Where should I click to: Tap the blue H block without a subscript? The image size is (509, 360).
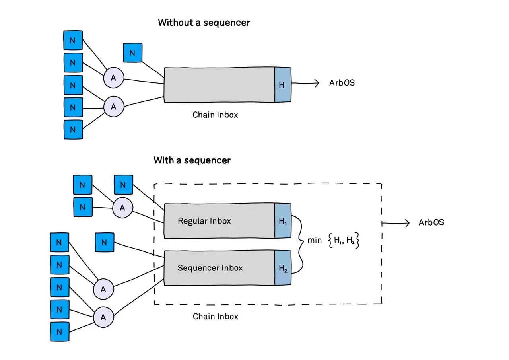(x=282, y=84)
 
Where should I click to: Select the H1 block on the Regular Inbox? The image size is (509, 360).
(x=283, y=221)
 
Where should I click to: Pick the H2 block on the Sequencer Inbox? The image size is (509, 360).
(x=283, y=268)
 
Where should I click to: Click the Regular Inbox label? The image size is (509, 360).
(x=204, y=221)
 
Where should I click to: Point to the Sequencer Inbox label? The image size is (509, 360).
(x=210, y=268)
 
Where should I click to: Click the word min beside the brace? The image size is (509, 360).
(x=315, y=240)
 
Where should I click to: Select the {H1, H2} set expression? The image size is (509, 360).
(x=344, y=240)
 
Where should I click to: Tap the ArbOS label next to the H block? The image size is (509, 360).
(x=342, y=83)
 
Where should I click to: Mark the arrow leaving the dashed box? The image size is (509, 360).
(x=396, y=223)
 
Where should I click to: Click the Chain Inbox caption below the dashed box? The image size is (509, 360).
(x=216, y=317)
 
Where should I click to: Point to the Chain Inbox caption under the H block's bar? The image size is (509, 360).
(x=215, y=115)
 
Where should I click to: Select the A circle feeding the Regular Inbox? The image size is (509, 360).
(x=122, y=208)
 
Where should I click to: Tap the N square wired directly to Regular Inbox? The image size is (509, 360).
(x=123, y=185)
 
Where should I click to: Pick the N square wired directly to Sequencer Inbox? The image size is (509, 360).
(x=105, y=242)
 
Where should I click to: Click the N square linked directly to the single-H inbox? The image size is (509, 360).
(x=132, y=53)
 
